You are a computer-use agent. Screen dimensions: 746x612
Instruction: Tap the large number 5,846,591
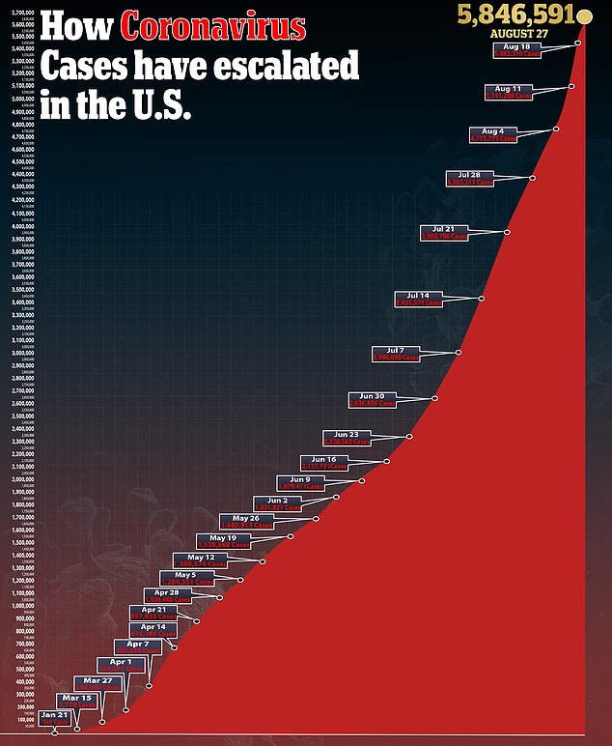(512, 14)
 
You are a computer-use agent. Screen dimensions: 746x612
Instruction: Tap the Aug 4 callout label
(493, 135)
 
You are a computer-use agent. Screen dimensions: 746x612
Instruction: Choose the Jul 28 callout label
(469, 178)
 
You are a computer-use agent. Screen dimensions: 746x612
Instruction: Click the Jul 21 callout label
(444, 232)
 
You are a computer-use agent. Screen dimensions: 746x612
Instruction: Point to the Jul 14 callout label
(418, 299)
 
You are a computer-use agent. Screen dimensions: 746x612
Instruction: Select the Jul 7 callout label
(396, 354)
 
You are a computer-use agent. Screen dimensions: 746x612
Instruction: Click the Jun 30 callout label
(372, 399)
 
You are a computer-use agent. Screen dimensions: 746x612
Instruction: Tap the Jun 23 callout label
(347, 438)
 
